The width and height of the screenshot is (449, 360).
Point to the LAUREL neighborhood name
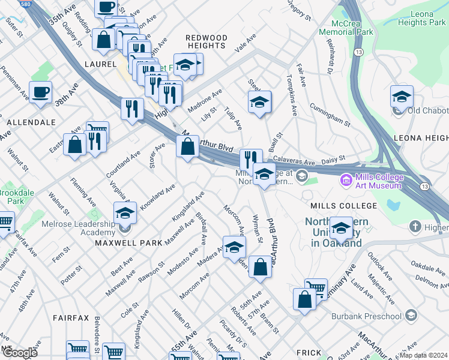100,64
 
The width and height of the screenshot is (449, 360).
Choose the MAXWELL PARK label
128,243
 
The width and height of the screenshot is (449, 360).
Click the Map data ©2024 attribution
423,355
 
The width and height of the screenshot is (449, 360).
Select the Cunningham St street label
330,115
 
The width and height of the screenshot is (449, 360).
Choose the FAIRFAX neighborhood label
70,317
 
